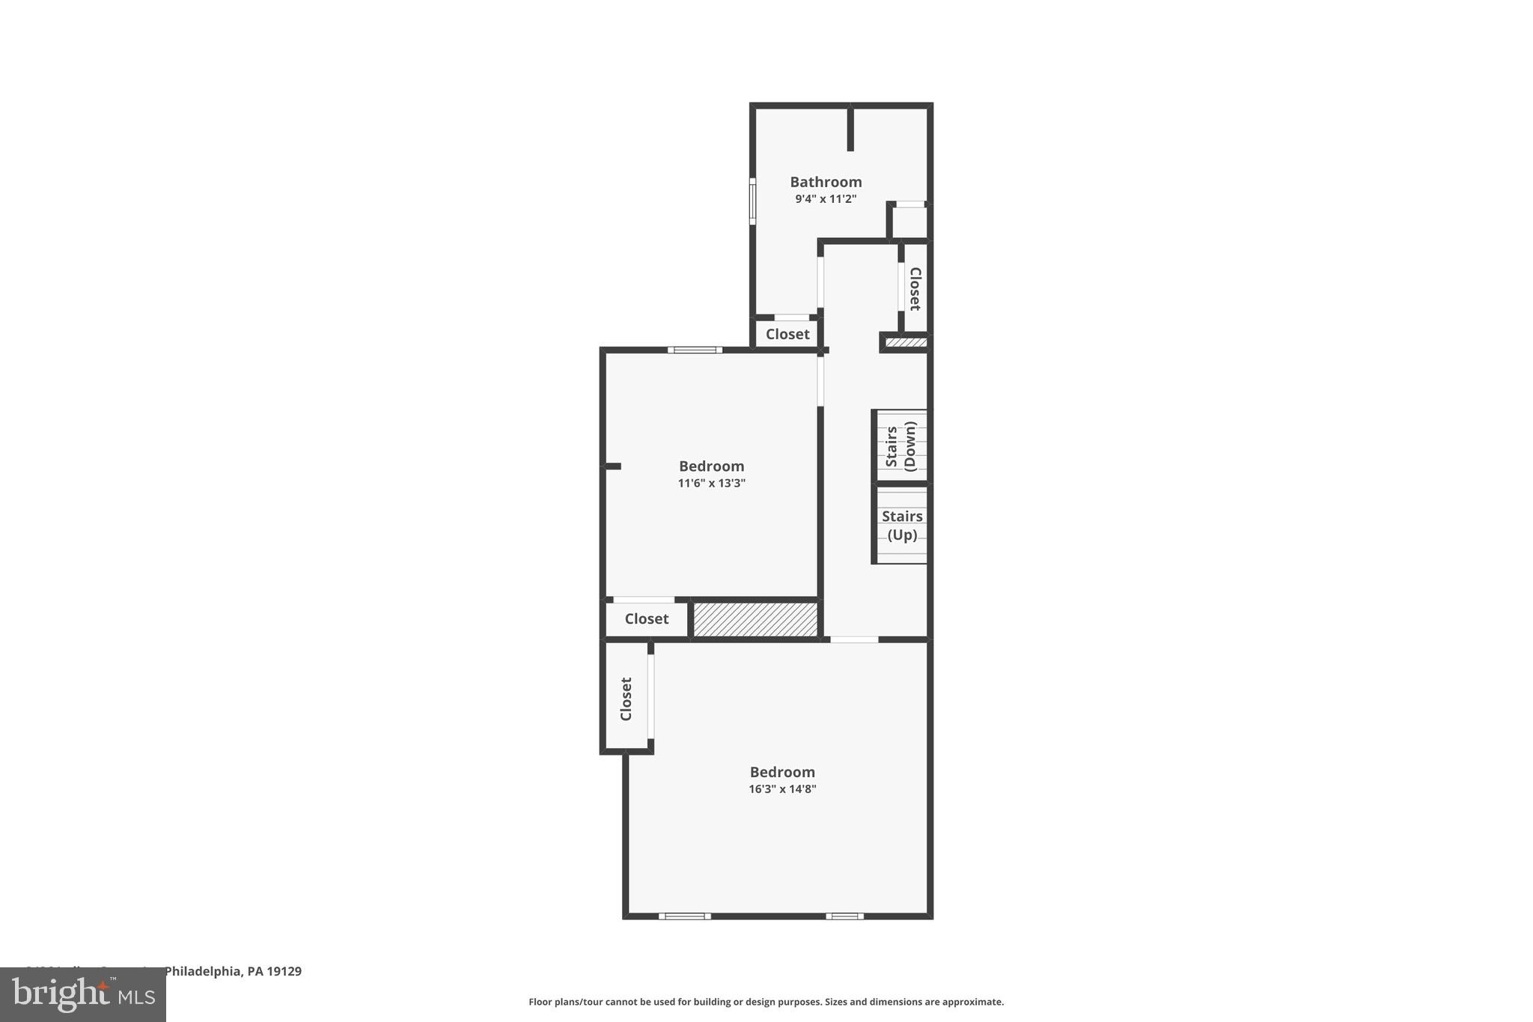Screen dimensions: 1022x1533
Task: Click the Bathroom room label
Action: pos(826,182)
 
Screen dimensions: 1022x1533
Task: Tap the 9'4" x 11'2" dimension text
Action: pos(826,199)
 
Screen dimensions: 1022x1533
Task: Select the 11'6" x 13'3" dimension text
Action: pos(711,484)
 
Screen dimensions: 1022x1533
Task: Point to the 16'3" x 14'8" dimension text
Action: pos(782,789)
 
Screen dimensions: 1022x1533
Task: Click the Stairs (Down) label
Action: pos(901,445)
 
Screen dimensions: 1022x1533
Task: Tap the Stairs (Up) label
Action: pos(902,525)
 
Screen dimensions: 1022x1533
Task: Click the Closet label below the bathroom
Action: pos(787,334)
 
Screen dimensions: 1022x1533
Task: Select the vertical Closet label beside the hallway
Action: pos(915,288)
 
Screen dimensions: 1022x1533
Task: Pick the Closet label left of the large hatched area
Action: pos(647,619)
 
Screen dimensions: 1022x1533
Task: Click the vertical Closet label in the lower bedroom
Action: pos(627,699)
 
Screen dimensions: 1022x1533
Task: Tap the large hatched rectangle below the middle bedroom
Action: pos(755,620)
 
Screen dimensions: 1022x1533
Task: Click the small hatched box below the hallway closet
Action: pos(906,343)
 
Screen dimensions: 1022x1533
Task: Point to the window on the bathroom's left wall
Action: pos(753,201)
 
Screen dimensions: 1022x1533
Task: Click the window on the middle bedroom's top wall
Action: pos(695,350)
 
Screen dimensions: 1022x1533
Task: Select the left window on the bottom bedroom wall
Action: pos(684,916)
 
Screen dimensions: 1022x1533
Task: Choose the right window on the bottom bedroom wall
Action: pos(844,916)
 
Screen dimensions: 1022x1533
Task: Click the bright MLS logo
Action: pos(83,995)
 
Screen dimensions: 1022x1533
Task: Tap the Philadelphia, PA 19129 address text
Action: pos(232,972)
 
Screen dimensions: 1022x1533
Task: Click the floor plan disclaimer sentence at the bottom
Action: pos(766,1002)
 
